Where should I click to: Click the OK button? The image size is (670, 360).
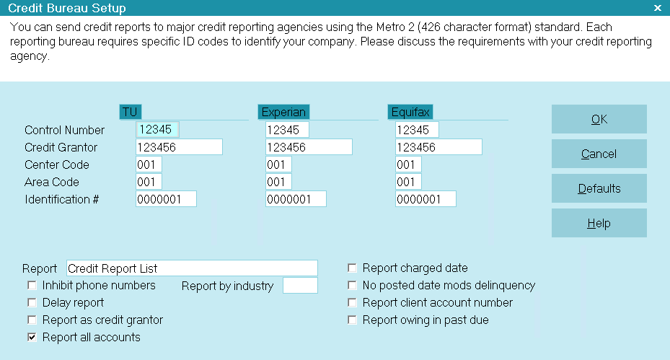599,119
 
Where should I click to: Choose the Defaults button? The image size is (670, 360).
599,188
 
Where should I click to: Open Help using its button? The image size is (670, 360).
599,223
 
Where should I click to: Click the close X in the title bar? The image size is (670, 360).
658,8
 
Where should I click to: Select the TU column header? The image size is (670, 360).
130,112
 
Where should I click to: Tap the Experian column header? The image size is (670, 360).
283,112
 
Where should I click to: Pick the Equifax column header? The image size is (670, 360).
410,112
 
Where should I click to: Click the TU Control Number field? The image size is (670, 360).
157,130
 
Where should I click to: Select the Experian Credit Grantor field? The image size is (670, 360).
309,147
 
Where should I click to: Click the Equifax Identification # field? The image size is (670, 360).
426,199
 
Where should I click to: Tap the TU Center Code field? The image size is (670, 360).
149,164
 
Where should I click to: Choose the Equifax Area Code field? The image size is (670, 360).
408,182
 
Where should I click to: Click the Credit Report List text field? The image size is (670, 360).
192,268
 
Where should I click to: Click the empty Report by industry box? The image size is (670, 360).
300,286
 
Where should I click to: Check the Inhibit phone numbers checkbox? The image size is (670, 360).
32,285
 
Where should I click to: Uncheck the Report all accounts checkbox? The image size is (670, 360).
32,338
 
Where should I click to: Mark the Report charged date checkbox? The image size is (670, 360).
352,268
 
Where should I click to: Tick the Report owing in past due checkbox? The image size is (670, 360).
352,320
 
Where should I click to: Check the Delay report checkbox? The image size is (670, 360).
32,303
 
